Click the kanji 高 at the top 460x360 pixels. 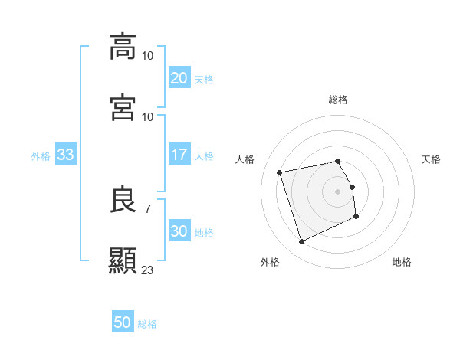click(x=123, y=46)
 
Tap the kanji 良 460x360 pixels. click(x=123, y=199)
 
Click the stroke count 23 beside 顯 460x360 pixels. click(x=148, y=270)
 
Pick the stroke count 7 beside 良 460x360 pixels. click(x=147, y=208)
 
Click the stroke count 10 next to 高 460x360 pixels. click(x=148, y=55)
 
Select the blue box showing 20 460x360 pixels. click(x=179, y=77)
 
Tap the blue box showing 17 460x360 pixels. click(x=179, y=155)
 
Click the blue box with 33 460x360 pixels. click(x=65, y=155)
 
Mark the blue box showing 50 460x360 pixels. click(x=123, y=323)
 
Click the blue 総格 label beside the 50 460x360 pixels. click(x=147, y=324)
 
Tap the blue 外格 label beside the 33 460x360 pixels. click(x=41, y=155)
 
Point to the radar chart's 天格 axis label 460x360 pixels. click(x=431, y=159)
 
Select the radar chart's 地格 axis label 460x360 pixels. click(x=402, y=262)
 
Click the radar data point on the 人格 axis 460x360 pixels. click(x=280, y=172)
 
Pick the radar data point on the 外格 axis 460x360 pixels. click(x=301, y=242)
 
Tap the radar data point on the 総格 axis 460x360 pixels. click(x=337, y=161)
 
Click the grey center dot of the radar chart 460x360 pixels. click(x=337, y=191)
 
